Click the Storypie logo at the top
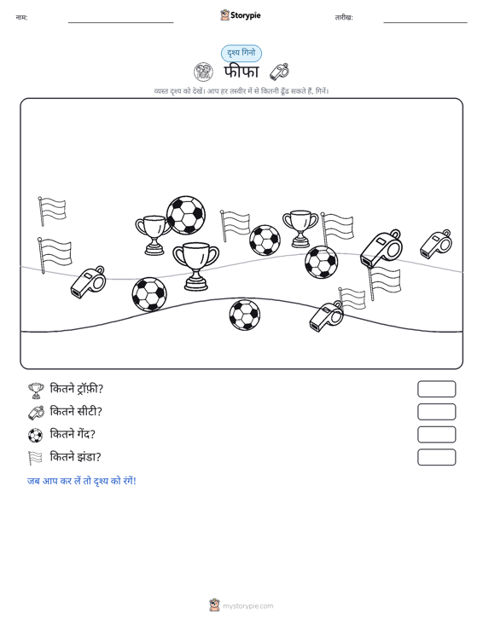click(241, 15)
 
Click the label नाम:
click(21, 17)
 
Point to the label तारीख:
click(344, 17)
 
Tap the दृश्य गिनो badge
click(241, 53)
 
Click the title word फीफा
click(241, 72)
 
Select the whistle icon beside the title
click(279, 72)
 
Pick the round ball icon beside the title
click(203, 72)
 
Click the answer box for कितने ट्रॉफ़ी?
click(436, 389)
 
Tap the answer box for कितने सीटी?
click(436, 412)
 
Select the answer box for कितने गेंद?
click(436, 435)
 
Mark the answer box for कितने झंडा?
click(436, 457)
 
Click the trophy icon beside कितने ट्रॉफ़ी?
click(36, 391)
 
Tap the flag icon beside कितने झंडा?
click(35, 458)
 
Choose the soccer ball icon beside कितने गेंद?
click(36, 435)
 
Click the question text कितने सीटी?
click(76, 411)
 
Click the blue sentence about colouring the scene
click(82, 481)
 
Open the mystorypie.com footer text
click(248, 606)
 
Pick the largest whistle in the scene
click(381, 248)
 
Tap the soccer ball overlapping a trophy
click(186, 215)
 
